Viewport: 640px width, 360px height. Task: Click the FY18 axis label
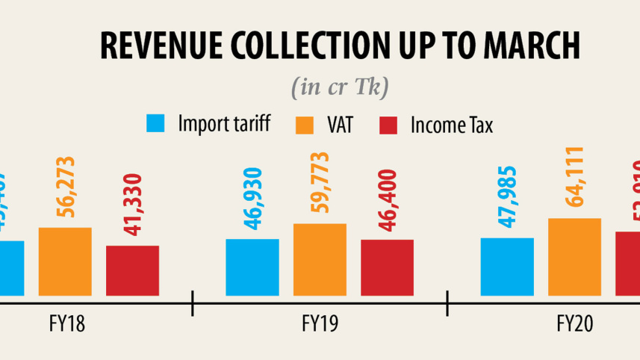pos(66,323)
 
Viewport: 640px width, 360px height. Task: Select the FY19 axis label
pos(320,323)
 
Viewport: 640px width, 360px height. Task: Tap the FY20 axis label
pos(574,323)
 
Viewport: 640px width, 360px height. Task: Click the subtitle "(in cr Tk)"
pos(339,87)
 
